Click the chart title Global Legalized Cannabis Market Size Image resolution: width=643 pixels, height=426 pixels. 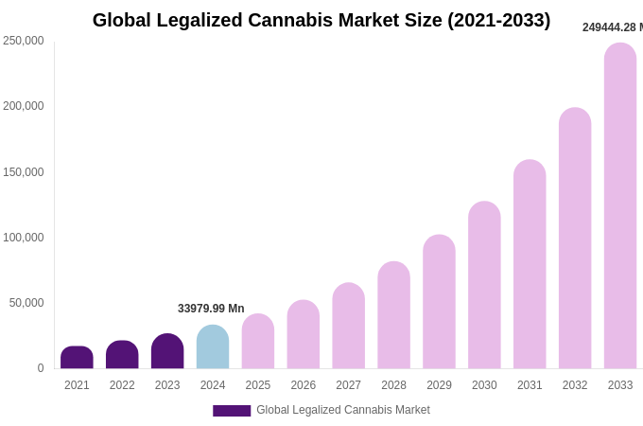321,20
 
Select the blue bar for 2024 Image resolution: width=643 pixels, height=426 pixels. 213,347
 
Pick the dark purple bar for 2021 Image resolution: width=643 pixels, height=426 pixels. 77,358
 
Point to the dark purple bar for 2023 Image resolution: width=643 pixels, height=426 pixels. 167,351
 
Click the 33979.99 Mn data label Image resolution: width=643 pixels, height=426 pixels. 211,309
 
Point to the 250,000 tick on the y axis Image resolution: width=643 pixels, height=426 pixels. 24,41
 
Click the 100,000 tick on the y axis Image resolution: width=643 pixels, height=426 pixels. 24,238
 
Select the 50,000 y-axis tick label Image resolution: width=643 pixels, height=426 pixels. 26,303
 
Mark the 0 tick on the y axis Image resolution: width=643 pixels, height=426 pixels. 41,368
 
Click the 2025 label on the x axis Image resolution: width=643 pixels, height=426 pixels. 258,385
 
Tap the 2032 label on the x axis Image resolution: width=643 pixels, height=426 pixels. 575,385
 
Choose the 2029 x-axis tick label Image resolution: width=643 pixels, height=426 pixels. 439,385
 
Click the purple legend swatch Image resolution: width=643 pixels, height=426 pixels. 232,411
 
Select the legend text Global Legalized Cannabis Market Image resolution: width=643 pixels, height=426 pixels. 343,410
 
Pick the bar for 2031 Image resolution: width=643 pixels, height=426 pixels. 530,264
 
